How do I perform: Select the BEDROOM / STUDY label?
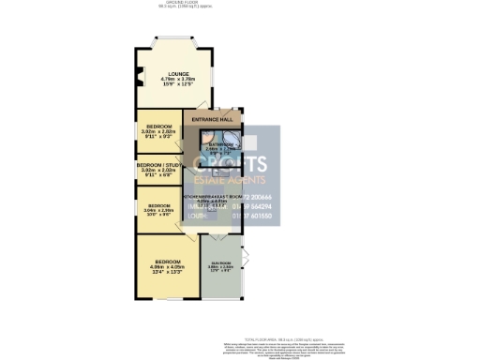coord(157,165)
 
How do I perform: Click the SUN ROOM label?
coord(220,262)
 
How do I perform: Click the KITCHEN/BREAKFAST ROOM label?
coord(214,196)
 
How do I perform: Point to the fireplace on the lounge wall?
coord(139,79)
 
